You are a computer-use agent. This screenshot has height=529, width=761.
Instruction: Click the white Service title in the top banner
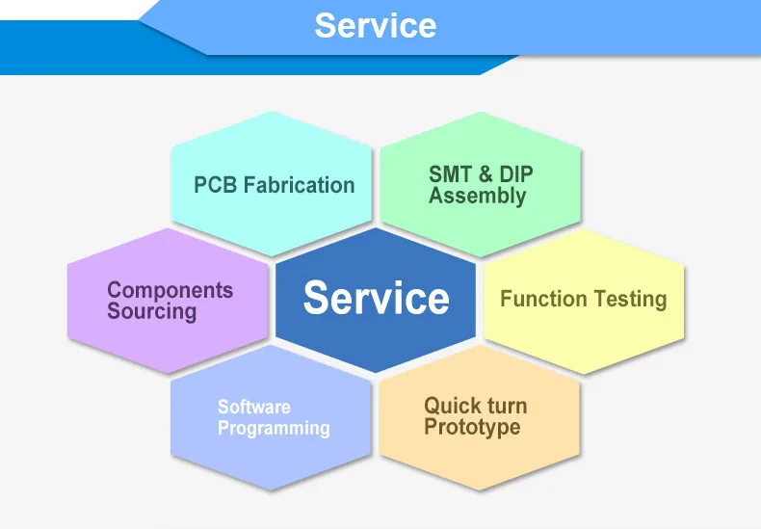coord(375,26)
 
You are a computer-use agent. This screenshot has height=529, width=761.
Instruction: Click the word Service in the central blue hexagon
coord(376,299)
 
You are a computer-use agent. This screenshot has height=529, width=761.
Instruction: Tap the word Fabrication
coord(299,185)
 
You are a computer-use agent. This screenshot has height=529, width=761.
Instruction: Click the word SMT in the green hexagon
coord(451,174)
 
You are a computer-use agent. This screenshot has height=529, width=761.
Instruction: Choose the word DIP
coord(516,174)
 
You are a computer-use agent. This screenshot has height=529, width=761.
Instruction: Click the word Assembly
coord(478,197)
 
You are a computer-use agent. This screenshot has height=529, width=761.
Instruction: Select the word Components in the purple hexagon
coord(170,290)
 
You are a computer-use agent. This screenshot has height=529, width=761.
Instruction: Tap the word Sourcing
coord(151,312)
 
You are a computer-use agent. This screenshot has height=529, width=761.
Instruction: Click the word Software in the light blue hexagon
coord(253,407)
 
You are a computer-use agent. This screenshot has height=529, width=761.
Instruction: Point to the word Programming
coord(274,429)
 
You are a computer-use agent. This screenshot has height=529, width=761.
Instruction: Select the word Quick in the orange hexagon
coord(451,406)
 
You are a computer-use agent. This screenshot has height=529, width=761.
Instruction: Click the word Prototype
coord(472,428)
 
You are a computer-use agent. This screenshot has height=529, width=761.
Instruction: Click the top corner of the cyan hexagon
coord(272,112)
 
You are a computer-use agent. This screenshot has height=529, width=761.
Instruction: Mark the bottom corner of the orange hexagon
coord(479,491)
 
